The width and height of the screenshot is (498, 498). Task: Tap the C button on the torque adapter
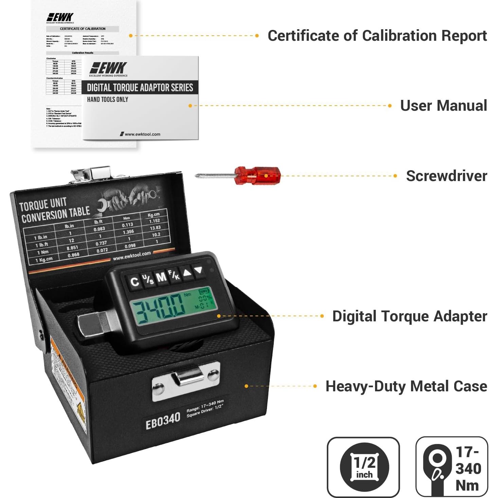coord(135,282)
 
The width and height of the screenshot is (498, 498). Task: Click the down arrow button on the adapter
coord(199,270)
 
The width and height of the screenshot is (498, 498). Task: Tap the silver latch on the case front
coord(186,380)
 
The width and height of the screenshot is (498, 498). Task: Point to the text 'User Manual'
coord(443,106)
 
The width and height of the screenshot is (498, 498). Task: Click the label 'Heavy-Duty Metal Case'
coord(406,386)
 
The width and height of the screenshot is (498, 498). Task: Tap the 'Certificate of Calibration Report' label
coord(377,36)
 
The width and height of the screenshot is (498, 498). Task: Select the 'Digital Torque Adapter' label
coord(409,316)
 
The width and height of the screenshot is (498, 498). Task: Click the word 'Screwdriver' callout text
coord(446,176)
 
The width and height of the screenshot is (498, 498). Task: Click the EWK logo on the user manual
coord(108,68)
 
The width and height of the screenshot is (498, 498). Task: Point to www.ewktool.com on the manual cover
coord(142,134)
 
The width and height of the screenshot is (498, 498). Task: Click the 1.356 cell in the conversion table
coord(128,232)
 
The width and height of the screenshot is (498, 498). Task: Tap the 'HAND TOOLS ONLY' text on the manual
coord(108,100)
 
